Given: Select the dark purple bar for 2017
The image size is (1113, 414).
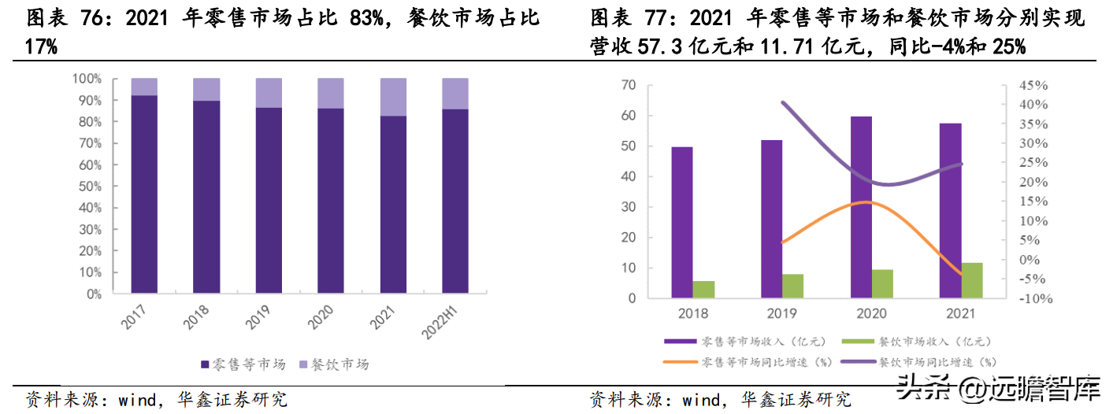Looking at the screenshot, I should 144,194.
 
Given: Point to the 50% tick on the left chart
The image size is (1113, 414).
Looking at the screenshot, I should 87,187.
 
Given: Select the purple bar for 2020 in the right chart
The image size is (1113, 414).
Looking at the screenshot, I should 862,207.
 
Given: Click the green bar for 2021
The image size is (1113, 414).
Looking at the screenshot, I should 972,280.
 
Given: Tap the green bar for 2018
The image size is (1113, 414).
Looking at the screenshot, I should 703,290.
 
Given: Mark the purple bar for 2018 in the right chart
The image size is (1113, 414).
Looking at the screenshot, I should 682,223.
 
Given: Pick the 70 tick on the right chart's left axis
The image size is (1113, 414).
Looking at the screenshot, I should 628,85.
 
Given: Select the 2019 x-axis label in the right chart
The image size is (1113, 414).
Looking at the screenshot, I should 782,313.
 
